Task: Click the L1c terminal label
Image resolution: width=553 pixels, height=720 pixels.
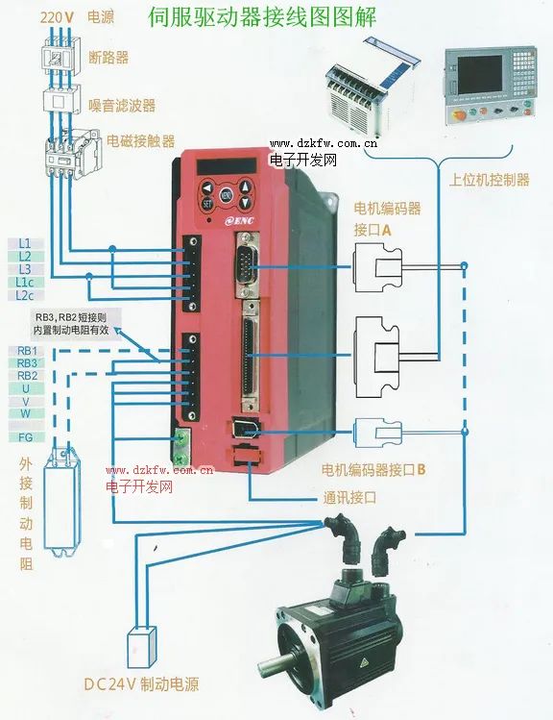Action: (25, 283)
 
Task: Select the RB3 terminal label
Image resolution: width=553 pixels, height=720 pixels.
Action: (26, 362)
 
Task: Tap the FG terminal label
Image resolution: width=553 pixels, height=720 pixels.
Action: (26, 436)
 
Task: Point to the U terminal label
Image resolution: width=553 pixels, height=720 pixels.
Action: (26, 387)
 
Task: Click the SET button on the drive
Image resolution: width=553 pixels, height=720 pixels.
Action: (207, 203)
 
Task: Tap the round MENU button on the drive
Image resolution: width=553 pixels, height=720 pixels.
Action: (227, 195)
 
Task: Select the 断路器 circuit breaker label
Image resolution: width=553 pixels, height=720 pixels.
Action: (108, 58)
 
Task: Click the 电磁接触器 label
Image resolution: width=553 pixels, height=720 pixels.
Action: (141, 141)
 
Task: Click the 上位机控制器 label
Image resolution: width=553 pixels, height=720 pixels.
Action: (489, 180)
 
